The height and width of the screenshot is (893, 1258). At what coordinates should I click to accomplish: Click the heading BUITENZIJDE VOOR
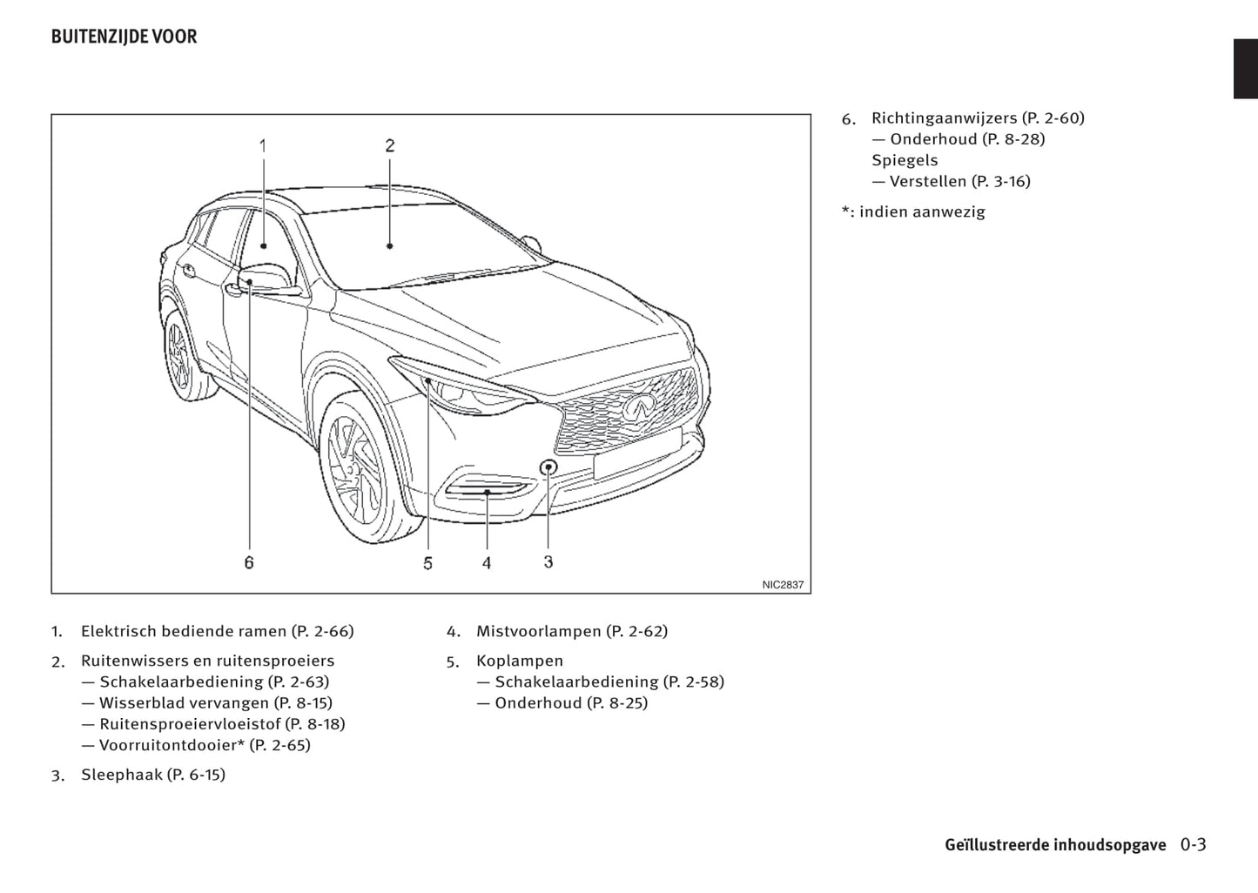[x=124, y=37]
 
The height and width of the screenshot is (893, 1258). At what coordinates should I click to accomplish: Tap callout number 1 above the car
[x=263, y=145]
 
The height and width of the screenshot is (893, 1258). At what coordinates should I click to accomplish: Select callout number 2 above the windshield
[x=389, y=145]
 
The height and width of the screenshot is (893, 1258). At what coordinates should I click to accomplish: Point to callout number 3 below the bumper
[x=548, y=562]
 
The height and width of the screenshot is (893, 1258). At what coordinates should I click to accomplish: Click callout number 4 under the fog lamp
[x=487, y=563]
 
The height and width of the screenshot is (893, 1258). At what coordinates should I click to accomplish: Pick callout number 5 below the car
[x=427, y=563]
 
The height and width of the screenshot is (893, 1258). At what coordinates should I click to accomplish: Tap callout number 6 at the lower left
[x=249, y=563]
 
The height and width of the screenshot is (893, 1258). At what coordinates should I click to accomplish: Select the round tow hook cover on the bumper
[x=548, y=467]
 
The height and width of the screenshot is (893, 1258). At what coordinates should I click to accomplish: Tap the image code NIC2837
[x=783, y=585]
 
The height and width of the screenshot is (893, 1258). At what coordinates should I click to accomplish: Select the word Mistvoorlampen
[x=538, y=631]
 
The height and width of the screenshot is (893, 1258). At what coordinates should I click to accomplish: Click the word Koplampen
[x=520, y=661]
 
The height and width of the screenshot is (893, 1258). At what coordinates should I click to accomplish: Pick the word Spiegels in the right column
[x=905, y=160]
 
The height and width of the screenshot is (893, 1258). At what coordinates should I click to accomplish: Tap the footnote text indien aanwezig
[x=922, y=211]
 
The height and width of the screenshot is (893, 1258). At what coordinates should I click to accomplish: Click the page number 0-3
[x=1193, y=844]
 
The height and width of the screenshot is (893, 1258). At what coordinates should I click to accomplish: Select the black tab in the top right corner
[x=1245, y=69]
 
